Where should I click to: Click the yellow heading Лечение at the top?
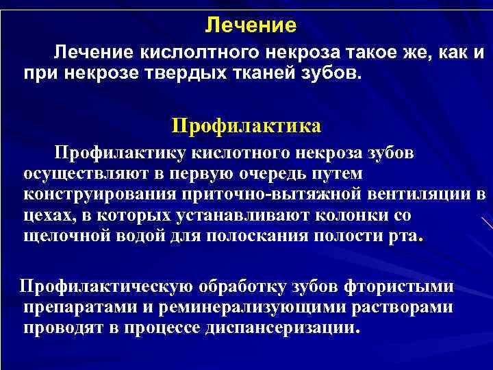(251, 26)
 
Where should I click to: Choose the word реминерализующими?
(252, 306)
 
